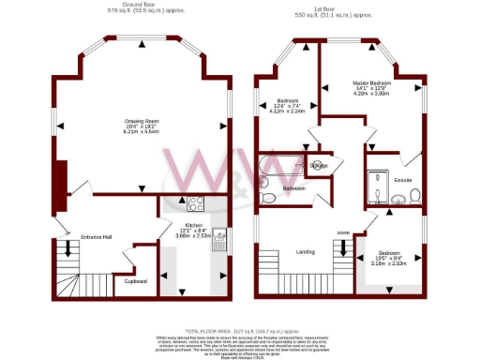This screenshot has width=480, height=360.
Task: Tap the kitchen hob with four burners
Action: (198, 205)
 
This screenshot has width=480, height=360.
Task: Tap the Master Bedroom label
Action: (373, 83)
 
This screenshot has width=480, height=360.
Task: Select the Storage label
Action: (319, 165)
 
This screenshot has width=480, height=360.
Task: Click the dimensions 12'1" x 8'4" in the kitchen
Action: (195, 231)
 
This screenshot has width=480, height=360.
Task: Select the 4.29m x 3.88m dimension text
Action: (373, 95)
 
